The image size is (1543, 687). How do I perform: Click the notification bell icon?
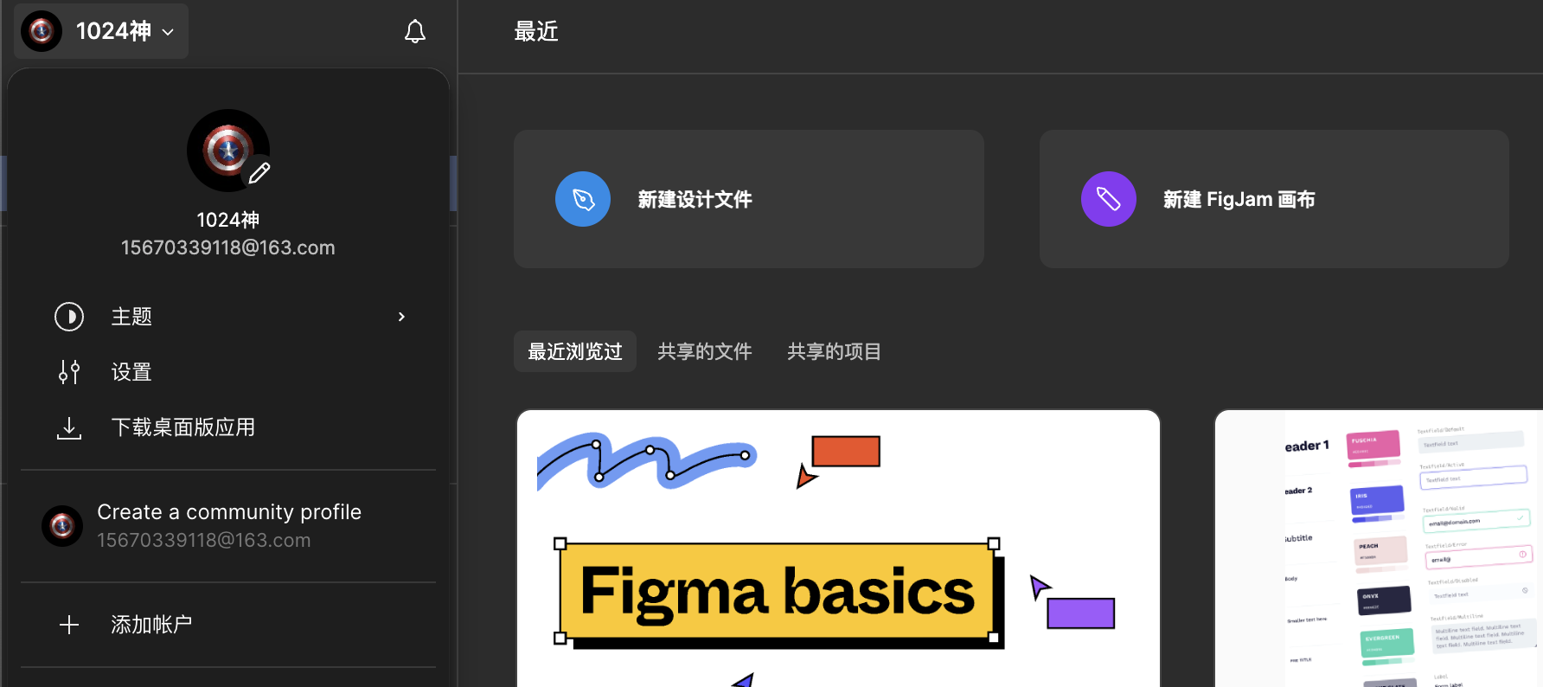click(415, 32)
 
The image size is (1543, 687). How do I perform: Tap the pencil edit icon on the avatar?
click(259, 173)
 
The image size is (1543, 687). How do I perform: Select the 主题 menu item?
click(131, 317)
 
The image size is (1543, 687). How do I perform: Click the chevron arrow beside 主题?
click(401, 317)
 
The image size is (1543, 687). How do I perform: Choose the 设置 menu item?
click(131, 372)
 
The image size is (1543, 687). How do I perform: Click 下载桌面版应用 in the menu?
click(183, 427)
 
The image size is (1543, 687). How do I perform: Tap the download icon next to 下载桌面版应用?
click(69, 427)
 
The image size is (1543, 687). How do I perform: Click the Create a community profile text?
click(229, 512)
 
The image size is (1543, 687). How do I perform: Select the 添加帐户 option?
click(151, 625)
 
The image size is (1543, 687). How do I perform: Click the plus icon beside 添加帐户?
click(69, 625)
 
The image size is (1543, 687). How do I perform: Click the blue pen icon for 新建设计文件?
click(583, 199)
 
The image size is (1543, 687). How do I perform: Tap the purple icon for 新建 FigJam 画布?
click(1108, 199)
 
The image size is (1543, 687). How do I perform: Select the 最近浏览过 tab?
click(575, 351)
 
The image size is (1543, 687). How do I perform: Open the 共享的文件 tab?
click(705, 351)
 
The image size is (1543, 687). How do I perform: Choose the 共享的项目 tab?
click(834, 351)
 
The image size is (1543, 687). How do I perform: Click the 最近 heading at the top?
click(536, 32)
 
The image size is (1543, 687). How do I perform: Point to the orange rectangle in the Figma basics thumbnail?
click(846, 451)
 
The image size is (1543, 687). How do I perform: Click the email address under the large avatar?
click(228, 247)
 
